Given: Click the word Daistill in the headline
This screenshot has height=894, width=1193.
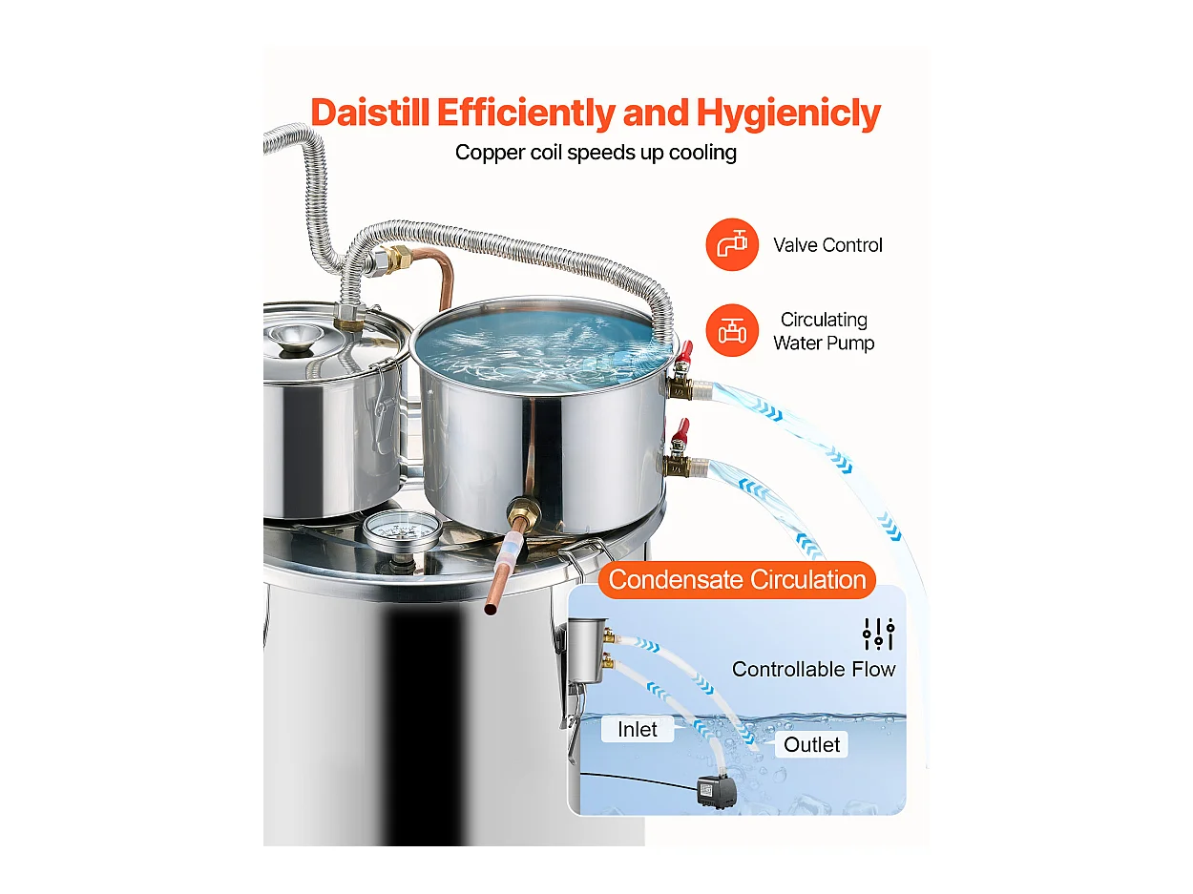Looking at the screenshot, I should [x=370, y=113].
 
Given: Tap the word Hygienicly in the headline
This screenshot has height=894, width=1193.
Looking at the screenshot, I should [x=787, y=113].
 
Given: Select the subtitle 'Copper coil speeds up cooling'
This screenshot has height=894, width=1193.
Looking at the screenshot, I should [x=596, y=153].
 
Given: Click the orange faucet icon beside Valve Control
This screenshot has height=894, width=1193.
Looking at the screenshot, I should [x=732, y=245].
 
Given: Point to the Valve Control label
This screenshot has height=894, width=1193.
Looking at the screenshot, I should [x=827, y=245].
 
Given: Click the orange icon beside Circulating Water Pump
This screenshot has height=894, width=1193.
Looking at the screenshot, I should [x=732, y=331].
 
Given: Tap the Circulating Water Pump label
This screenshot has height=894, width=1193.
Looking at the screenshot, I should [x=824, y=331].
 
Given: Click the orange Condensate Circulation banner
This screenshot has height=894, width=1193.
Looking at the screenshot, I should [x=737, y=579].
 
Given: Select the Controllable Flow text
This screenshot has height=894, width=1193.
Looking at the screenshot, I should [x=813, y=669].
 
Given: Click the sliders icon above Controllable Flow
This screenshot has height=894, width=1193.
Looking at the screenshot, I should [x=878, y=634].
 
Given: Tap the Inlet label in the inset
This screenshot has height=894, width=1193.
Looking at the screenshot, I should [x=637, y=730].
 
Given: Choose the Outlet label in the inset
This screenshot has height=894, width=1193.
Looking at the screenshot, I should [x=812, y=744].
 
